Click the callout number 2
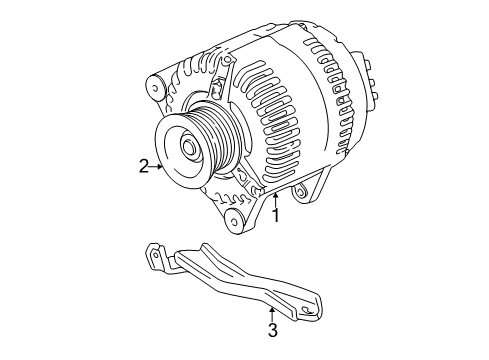point(145,166)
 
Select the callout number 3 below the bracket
point(272,330)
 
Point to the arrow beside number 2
point(158,166)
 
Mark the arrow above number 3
point(272,313)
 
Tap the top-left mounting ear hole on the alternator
point(155,88)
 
